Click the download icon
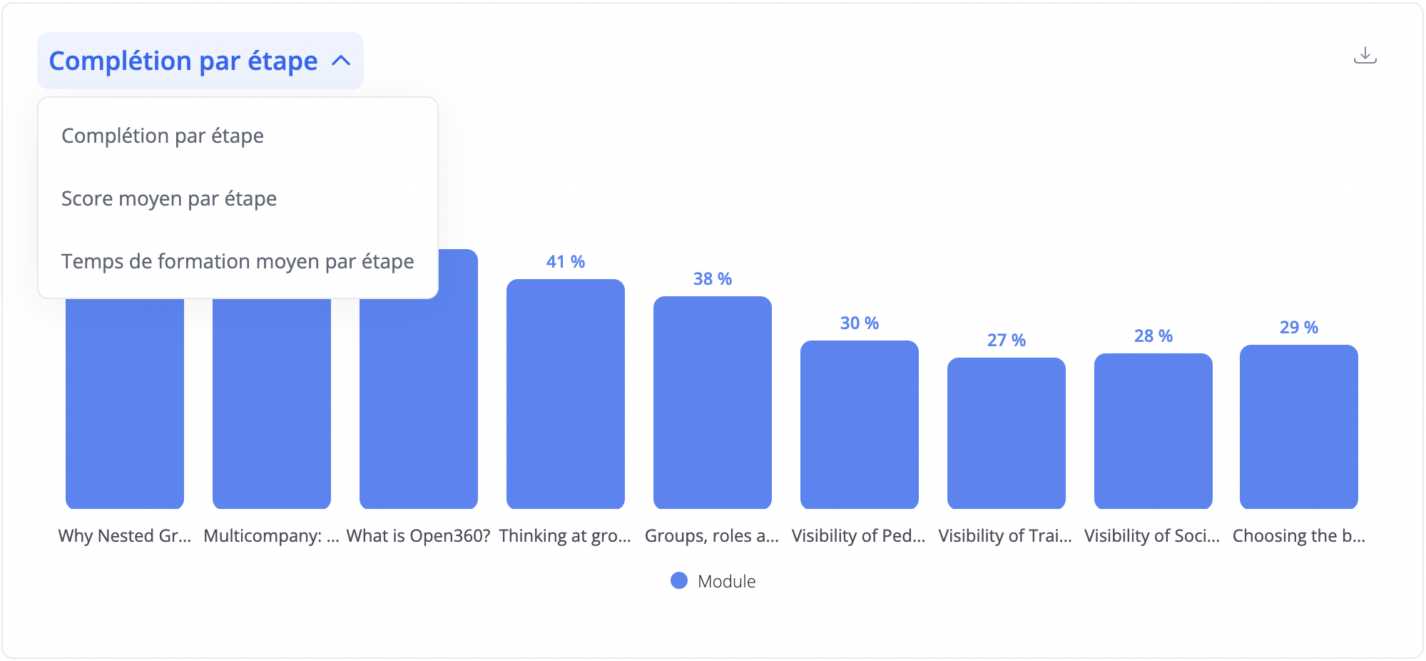tap(1365, 56)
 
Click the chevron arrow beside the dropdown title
tap(342, 61)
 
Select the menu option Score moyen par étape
tap(169, 198)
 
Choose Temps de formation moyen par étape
tap(238, 261)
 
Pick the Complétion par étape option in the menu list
tap(163, 136)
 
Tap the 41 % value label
tap(566, 262)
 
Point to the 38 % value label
tap(713, 279)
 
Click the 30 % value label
tap(860, 323)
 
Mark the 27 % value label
tap(1007, 340)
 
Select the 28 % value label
tap(1153, 336)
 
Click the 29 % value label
tap(1299, 328)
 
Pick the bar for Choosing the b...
tap(1299, 427)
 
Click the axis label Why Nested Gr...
tap(125, 536)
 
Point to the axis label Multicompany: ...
tap(272, 536)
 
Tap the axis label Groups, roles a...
tap(712, 536)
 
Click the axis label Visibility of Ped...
tap(859, 536)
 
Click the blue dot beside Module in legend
tap(679, 581)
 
